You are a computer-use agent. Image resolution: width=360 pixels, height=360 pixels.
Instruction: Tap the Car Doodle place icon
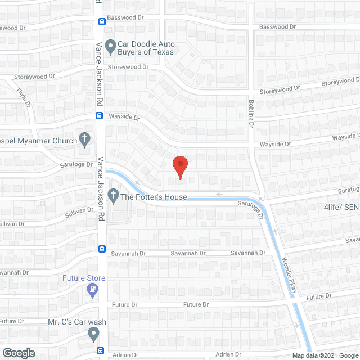point(110,45)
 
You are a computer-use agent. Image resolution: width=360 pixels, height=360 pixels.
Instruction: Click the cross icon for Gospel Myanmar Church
point(85,138)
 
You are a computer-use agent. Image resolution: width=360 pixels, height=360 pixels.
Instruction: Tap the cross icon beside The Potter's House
point(112,196)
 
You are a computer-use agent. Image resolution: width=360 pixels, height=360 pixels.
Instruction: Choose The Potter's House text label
point(154,197)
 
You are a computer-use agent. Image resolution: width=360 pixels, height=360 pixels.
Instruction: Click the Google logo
point(18,353)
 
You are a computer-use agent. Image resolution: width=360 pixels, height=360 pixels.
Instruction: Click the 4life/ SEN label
point(341,206)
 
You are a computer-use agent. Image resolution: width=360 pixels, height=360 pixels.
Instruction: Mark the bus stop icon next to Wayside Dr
point(99,116)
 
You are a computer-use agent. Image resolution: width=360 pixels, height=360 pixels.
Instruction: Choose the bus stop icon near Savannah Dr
point(102,249)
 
